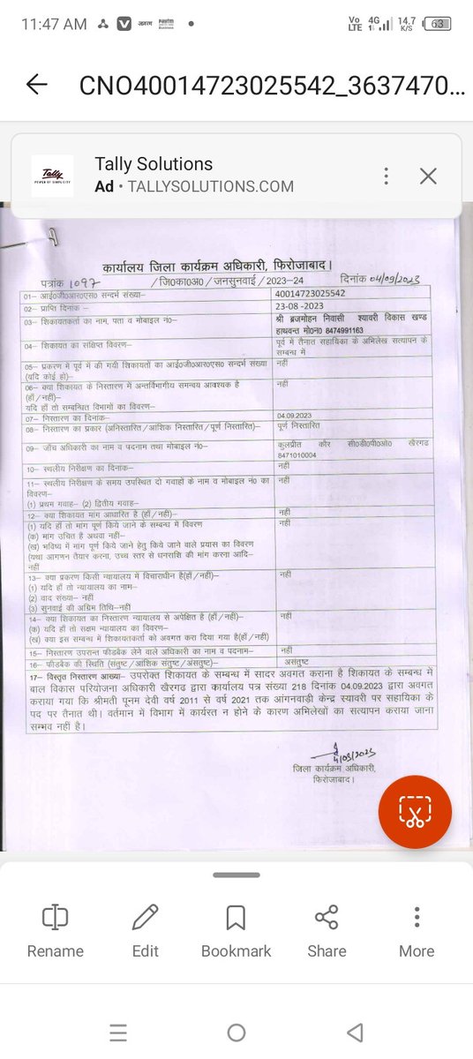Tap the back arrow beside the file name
point(37,85)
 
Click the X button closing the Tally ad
point(428,176)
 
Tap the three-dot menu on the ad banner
point(386,176)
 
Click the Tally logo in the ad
point(52,176)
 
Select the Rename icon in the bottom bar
point(55,918)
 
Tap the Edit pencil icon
point(145,918)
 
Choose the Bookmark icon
point(236,918)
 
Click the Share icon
point(327,918)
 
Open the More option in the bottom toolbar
point(417,918)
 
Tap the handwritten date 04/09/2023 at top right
point(385,280)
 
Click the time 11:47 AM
point(54,24)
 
